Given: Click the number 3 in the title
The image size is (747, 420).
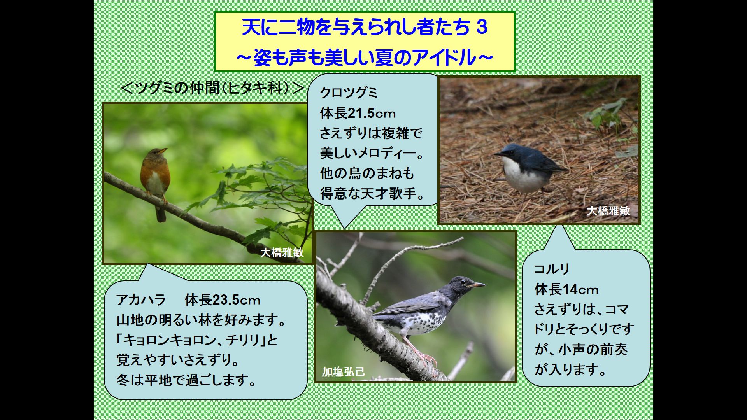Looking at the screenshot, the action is (482, 28).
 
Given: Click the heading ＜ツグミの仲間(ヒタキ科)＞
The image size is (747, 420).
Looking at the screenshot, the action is (212, 88).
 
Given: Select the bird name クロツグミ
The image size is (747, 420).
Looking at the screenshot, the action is (349, 93).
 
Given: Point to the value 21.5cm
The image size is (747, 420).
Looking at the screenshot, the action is (371, 113).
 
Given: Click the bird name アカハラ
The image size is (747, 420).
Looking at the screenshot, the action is (141, 300).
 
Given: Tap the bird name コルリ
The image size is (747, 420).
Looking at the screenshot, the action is (552, 269).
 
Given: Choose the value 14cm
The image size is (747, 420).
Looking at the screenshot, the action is (580, 289).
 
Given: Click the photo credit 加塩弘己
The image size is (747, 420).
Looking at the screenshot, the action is (343, 371).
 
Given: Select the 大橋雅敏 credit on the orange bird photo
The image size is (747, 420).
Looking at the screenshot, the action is (282, 252).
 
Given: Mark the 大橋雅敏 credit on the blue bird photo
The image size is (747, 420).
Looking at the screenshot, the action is (608, 211).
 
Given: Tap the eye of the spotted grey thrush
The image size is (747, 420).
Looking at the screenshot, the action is (463, 282).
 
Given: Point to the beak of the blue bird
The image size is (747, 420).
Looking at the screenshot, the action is (498, 154).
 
